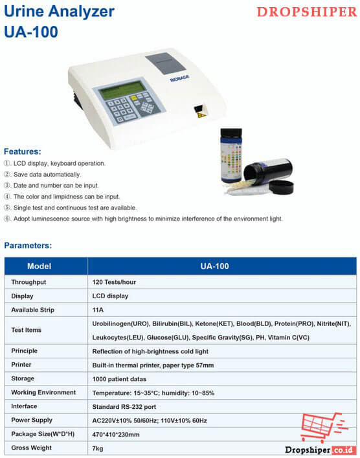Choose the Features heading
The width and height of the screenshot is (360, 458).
click(23, 151)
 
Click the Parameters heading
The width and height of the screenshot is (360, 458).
click(28, 245)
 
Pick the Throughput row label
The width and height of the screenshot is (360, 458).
click(28, 282)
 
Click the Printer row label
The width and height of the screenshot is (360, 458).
click(21, 364)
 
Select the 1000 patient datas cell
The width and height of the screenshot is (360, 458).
click(120, 378)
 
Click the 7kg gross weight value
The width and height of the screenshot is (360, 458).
click(98, 448)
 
